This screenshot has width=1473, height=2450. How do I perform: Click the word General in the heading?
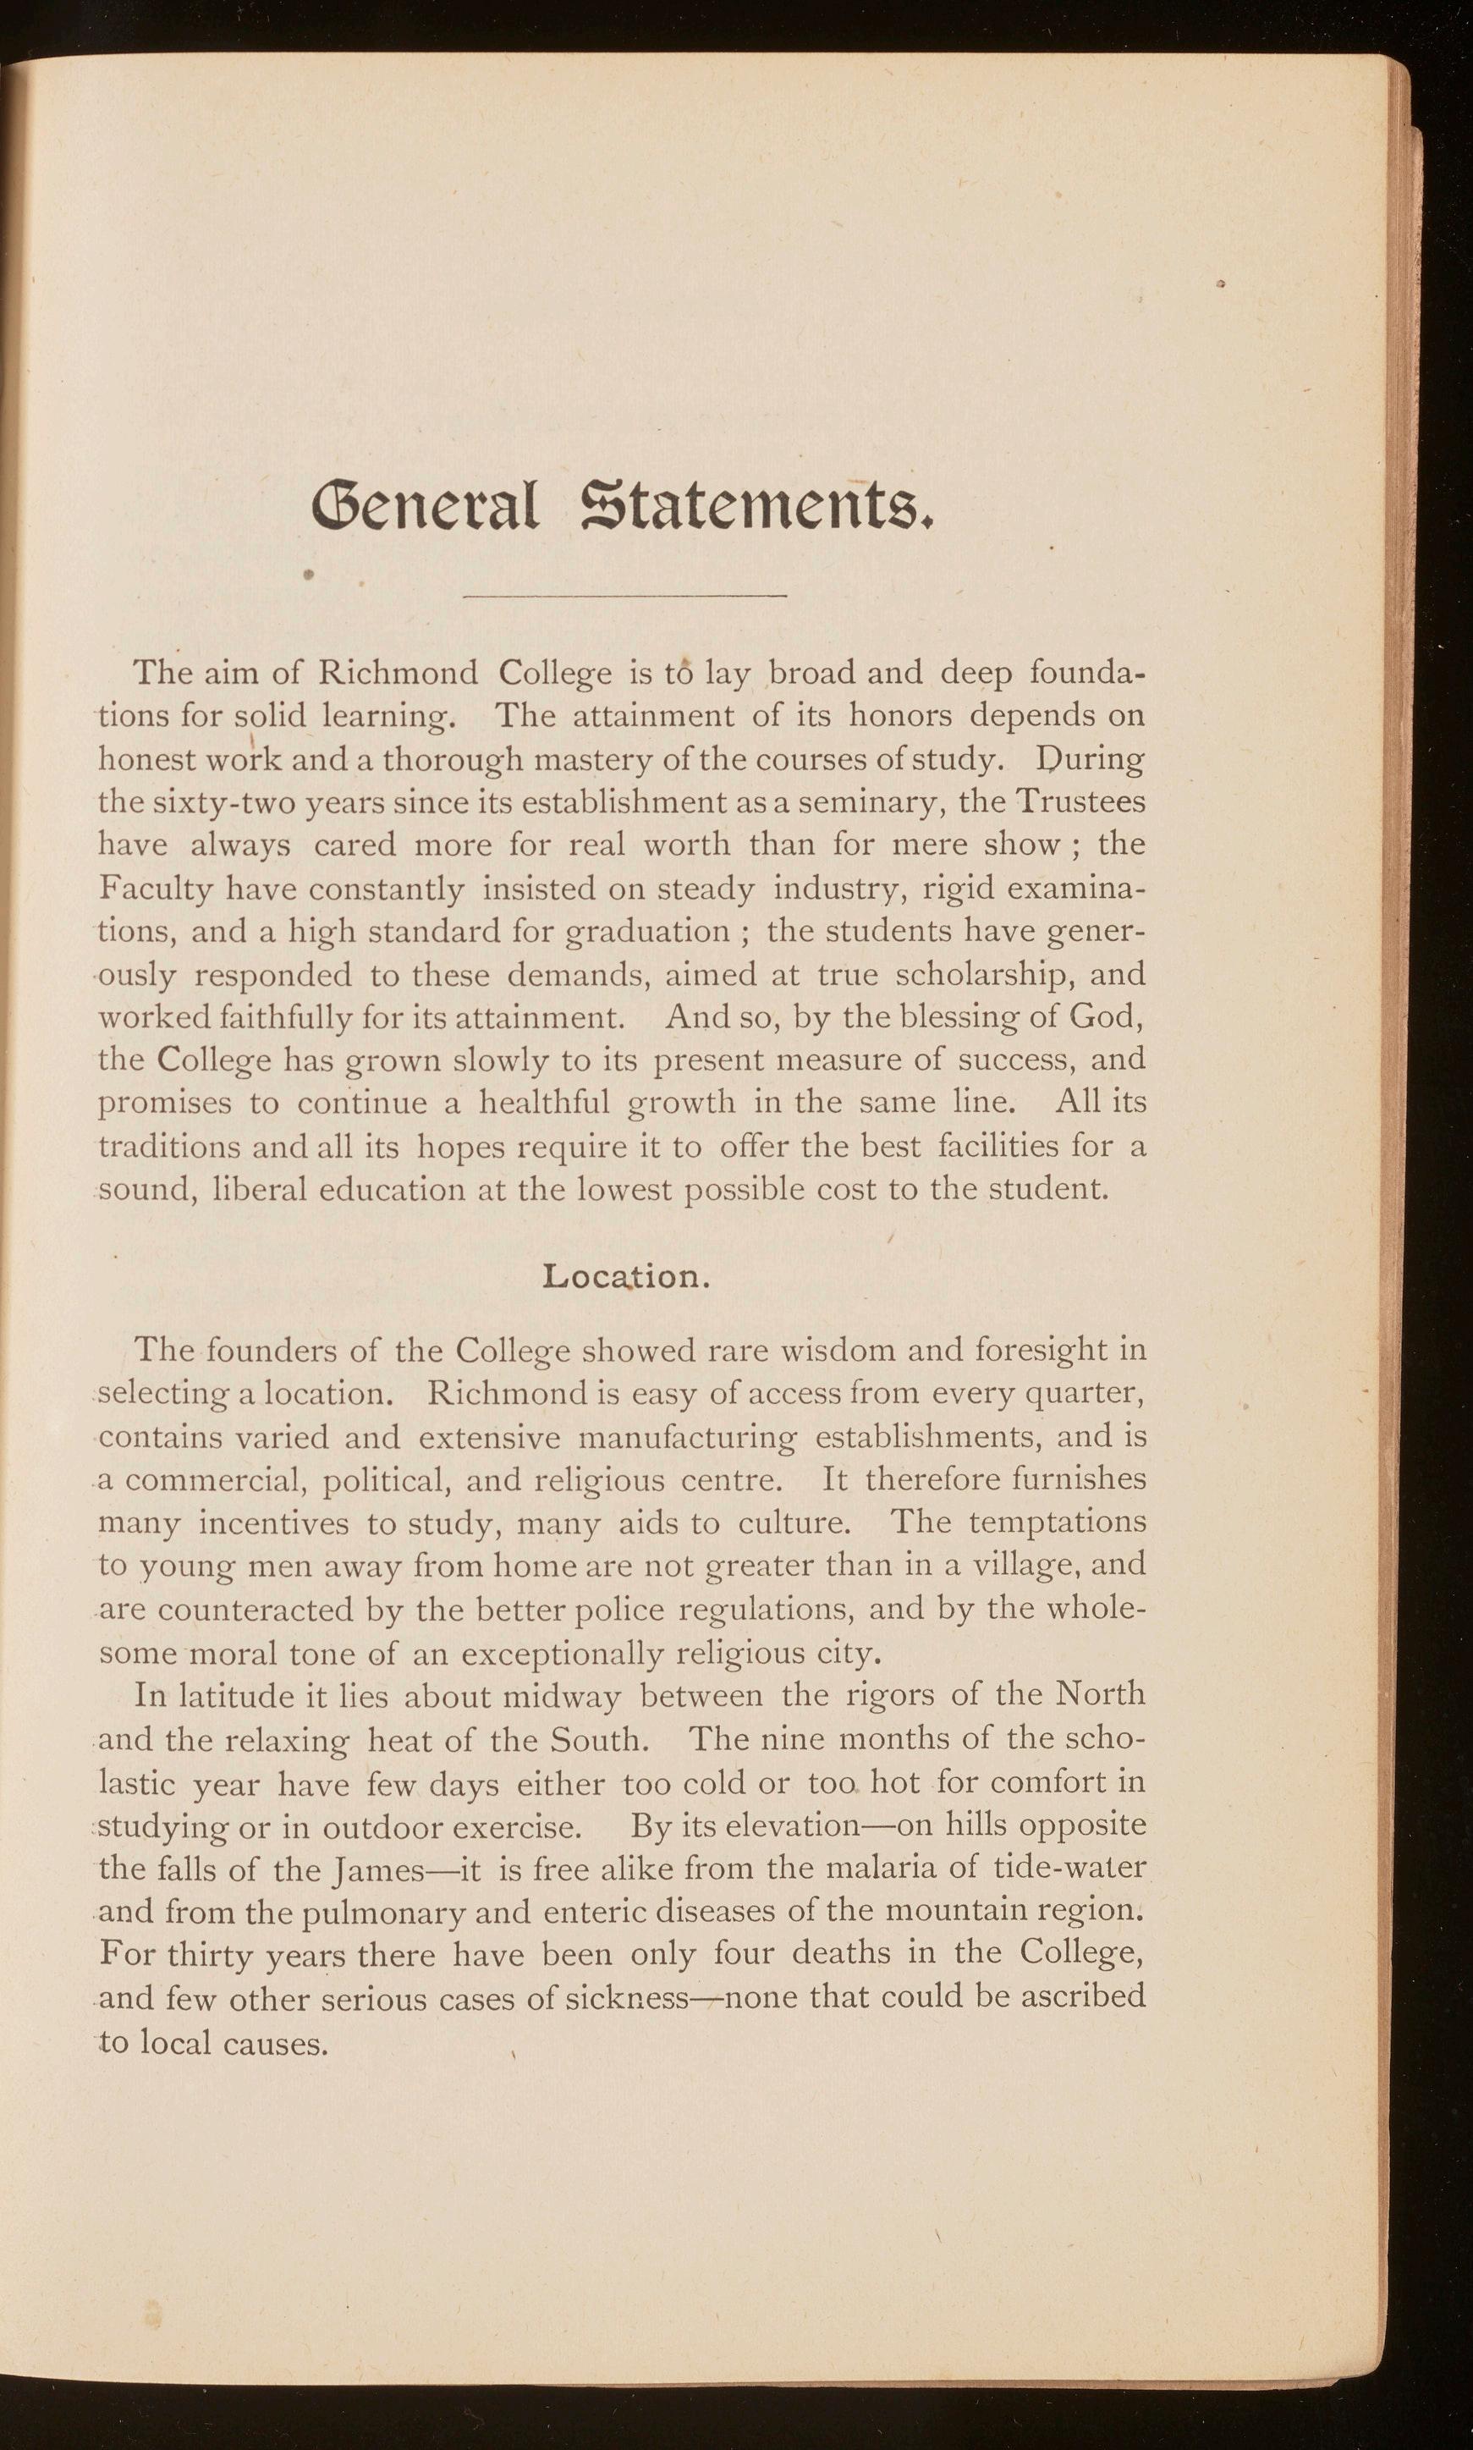point(425,507)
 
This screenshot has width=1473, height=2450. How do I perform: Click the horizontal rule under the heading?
point(624,597)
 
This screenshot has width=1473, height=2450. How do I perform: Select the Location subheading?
point(626,1275)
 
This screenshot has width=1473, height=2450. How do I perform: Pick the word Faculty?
point(156,889)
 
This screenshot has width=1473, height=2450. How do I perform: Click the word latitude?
point(212,1694)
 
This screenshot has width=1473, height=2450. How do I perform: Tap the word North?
point(1100,1693)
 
